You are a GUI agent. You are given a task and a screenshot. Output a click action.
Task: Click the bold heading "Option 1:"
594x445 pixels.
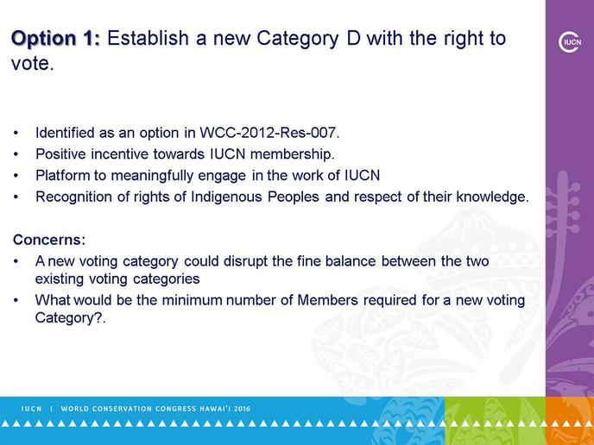pyautogui.click(x=56, y=39)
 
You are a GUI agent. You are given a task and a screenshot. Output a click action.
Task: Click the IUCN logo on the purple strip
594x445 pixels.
pyautogui.click(x=570, y=42)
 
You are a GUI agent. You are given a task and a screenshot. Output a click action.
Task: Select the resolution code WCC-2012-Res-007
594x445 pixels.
pyautogui.click(x=269, y=133)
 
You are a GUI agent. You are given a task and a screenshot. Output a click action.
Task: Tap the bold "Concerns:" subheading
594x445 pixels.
pyautogui.click(x=49, y=240)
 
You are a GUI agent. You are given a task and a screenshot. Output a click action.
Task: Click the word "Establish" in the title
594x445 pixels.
pyautogui.click(x=148, y=38)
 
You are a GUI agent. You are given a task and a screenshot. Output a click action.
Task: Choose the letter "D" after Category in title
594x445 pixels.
pyautogui.click(x=353, y=39)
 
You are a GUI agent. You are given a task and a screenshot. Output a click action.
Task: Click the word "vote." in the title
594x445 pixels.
pyautogui.click(x=33, y=64)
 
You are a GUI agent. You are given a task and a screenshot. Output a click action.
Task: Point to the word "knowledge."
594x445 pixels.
pyautogui.click(x=492, y=197)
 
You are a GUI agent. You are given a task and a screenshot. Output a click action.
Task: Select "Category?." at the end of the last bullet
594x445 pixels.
pyautogui.click(x=70, y=318)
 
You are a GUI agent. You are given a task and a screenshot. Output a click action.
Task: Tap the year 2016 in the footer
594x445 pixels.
pyautogui.click(x=243, y=409)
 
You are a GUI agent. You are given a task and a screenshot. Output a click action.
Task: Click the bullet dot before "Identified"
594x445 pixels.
pyautogui.click(x=16, y=133)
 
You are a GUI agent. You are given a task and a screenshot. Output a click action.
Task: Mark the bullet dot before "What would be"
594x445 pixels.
pyautogui.click(x=16, y=300)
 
